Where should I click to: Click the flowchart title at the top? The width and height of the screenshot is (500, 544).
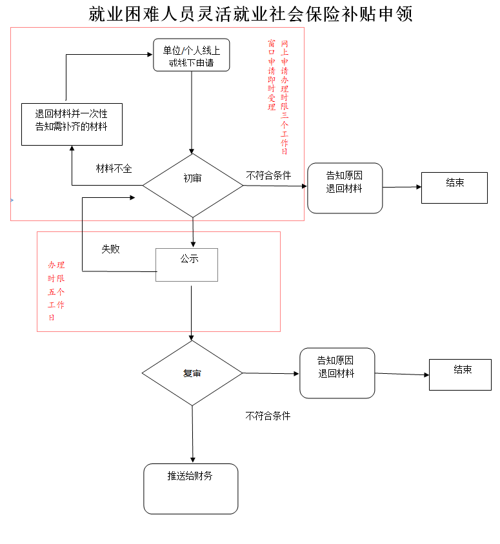pyautogui.click(x=250, y=14)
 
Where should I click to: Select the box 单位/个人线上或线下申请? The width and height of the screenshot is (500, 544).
pyautogui.click(x=191, y=55)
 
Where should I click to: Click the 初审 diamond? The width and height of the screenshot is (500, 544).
pyautogui.click(x=192, y=185)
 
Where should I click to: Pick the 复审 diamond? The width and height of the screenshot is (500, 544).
pyautogui.click(x=192, y=373)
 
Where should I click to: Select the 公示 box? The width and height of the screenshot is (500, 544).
pyautogui.click(x=187, y=264)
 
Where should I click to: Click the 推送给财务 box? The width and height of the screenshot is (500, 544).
pyautogui.click(x=190, y=488)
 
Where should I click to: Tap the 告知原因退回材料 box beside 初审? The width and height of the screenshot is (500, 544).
pyautogui.click(x=345, y=188)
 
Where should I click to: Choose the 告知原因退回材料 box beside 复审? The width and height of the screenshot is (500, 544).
pyautogui.click(x=337, y=373)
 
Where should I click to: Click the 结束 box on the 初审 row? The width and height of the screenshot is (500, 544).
pyautogui.click(x=454, y=187)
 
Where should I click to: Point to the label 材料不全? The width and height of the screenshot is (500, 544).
pyautogui.click(x=114, y=169)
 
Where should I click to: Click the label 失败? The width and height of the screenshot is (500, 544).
pyautogui.click(x=110, y=249)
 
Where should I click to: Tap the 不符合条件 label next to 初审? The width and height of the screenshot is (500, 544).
pyautogui.click(x=268, y=175)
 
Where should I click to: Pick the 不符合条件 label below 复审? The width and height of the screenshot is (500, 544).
pyautogui.click(x=268, y=416)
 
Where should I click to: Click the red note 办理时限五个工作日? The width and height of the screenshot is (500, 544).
pyautogui.click(x=56, y=291)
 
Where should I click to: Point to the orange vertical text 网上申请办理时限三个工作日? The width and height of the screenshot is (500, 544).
pyautogui.click(x=285, y=97)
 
